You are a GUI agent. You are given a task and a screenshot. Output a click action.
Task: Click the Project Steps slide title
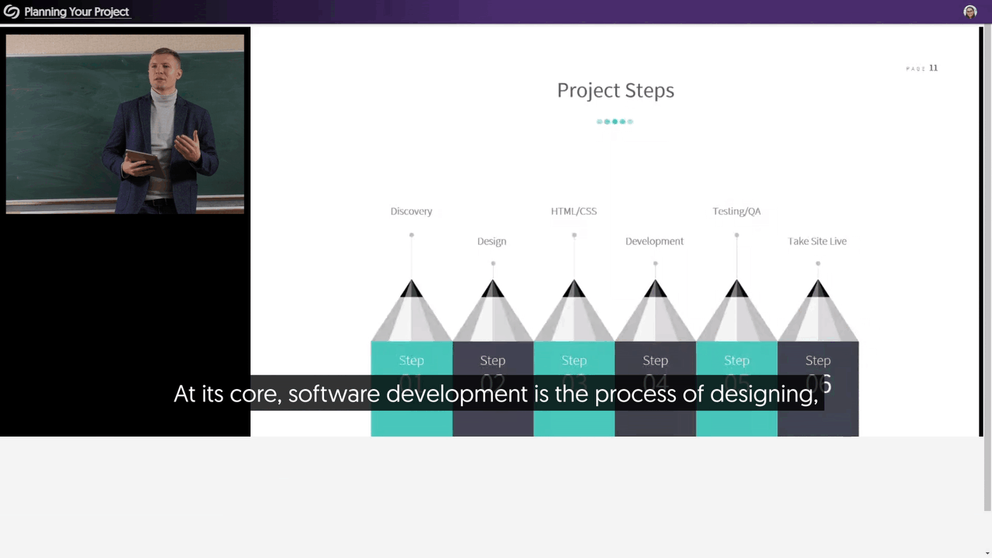[x=615, y=91]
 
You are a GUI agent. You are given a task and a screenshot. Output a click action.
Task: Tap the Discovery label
[x=411, y=212]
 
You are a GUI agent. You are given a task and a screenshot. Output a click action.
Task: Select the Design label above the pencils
[x=491, y=242]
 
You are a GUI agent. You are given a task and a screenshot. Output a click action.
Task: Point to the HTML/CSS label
[x=573, y=212]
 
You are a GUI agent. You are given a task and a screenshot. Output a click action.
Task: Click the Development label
[x=654, y=242]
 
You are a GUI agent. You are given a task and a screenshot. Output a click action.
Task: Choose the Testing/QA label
[x=736, y=212]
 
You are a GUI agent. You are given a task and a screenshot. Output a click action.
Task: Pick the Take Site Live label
[x=817, y=242]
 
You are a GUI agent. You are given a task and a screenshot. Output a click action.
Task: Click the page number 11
[x=933, y=68]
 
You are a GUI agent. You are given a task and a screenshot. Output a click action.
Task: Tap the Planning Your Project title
[x=77, y=12]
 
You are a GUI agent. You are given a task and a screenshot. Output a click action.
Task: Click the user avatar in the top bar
[x=970, y=12]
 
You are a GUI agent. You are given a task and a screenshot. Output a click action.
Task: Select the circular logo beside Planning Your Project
[x=12, y=12]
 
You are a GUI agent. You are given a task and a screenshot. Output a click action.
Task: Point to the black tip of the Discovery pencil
[x=412, y=289]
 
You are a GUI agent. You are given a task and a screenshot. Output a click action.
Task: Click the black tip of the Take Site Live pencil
[x=818, y=289]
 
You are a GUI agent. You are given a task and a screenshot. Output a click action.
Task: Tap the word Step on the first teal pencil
[x=412, y=360]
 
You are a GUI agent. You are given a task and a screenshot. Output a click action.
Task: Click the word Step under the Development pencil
[x=655, y=360]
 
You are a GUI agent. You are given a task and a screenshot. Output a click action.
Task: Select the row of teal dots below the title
[x=615, y=122]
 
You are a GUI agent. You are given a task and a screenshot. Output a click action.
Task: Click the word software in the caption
[x=335, y=394]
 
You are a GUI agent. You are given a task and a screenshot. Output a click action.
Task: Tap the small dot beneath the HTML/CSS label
[x=574, y=235]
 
